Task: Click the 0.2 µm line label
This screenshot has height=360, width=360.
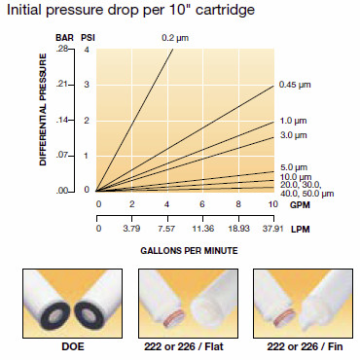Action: [174, 38]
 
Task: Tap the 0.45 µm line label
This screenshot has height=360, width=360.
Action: [295, 85]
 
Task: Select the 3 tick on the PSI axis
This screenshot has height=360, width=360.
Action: [87, 85]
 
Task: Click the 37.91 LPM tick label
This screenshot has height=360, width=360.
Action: [270, 230]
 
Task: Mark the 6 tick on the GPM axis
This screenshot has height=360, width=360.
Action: [201, 205]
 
